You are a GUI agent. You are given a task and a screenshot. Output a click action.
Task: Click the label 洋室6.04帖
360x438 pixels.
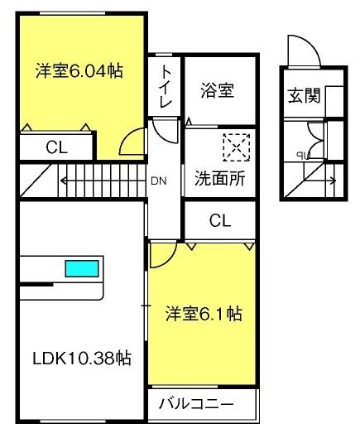[x=79, y=71]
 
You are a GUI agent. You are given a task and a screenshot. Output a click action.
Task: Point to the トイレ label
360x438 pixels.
[x=166, y=86]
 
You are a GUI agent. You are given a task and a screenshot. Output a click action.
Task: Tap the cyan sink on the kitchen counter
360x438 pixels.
[x=82, y=269]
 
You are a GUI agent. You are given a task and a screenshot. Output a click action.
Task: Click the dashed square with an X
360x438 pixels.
[x=237, y=146]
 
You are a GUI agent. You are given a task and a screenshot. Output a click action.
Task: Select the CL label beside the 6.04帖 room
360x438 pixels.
[x=56, y=148]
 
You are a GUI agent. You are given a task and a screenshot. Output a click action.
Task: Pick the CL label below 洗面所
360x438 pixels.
[x=218, y=220]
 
